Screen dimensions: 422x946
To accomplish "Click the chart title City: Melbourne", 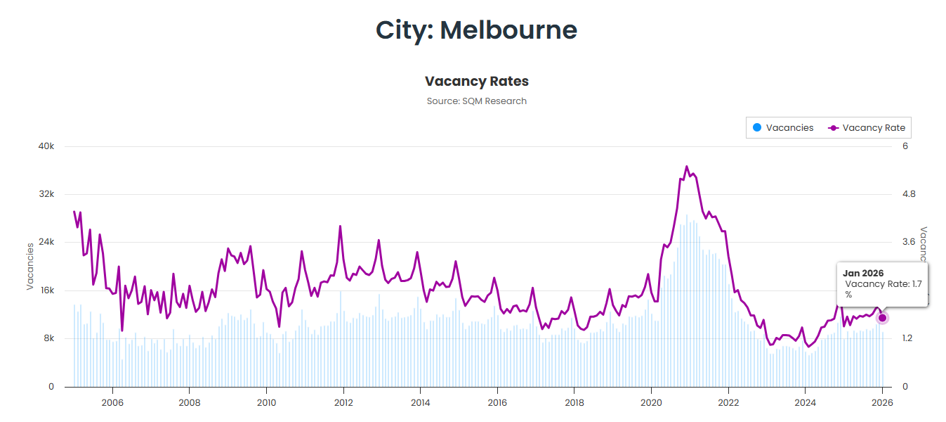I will pos(476,30).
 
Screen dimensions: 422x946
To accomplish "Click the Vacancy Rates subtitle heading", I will pos(476,81).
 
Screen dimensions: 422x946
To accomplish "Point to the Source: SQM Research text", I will pos(476,101).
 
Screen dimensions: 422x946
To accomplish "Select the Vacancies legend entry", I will pos(782,128).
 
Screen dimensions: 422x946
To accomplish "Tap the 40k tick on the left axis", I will pos(46,146).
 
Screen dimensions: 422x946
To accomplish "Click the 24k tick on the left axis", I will pos(46,243).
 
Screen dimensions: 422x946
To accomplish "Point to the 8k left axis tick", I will pos(48,338).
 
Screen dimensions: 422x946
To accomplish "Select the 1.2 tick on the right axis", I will pos(909,338).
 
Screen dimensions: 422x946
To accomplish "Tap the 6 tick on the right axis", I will pos(905,146).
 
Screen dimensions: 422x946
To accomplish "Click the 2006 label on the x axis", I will pos(112,403).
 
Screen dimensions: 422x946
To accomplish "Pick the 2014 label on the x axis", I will pos(420,403).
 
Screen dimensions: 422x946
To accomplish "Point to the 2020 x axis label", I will pos(651,403).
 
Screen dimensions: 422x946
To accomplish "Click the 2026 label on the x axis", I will pos(882,403).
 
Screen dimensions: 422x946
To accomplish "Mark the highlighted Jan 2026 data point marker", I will pos(882,318).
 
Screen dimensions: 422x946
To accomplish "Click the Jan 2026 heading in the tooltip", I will pos(862,273).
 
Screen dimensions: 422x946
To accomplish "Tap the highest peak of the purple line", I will pos(686,167).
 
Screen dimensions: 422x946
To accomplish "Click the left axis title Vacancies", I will pos(30,266).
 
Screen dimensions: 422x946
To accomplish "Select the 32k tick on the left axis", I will pos(46,194).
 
